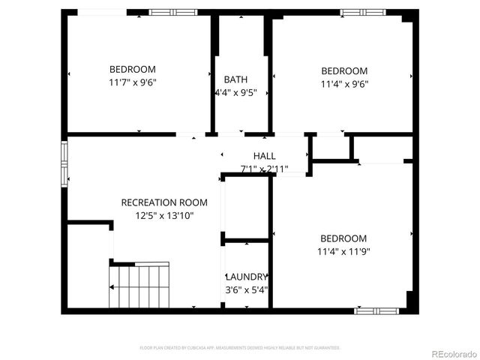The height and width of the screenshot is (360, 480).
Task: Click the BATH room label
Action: (235, 79)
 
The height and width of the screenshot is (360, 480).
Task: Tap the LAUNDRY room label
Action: (246, 277)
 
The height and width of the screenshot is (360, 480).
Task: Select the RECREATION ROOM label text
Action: (164, 202)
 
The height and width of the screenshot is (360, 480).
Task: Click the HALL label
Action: (253, 156)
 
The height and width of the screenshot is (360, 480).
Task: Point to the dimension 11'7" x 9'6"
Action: (133, 82)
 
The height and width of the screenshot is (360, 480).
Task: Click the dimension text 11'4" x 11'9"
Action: (344, 253)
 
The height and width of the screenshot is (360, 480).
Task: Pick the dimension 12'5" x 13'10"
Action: (164, 216)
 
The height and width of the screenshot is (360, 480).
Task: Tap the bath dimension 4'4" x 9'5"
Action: (235, 93)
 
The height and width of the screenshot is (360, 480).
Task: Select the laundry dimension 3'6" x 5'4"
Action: (246, 289)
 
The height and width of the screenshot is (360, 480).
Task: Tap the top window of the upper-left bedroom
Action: (173, 12)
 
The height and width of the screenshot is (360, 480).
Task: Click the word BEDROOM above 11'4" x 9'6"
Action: (344, 71)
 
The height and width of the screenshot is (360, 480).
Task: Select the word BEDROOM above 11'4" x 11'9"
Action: (344, 239)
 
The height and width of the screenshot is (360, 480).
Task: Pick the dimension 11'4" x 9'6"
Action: (344, 84)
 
